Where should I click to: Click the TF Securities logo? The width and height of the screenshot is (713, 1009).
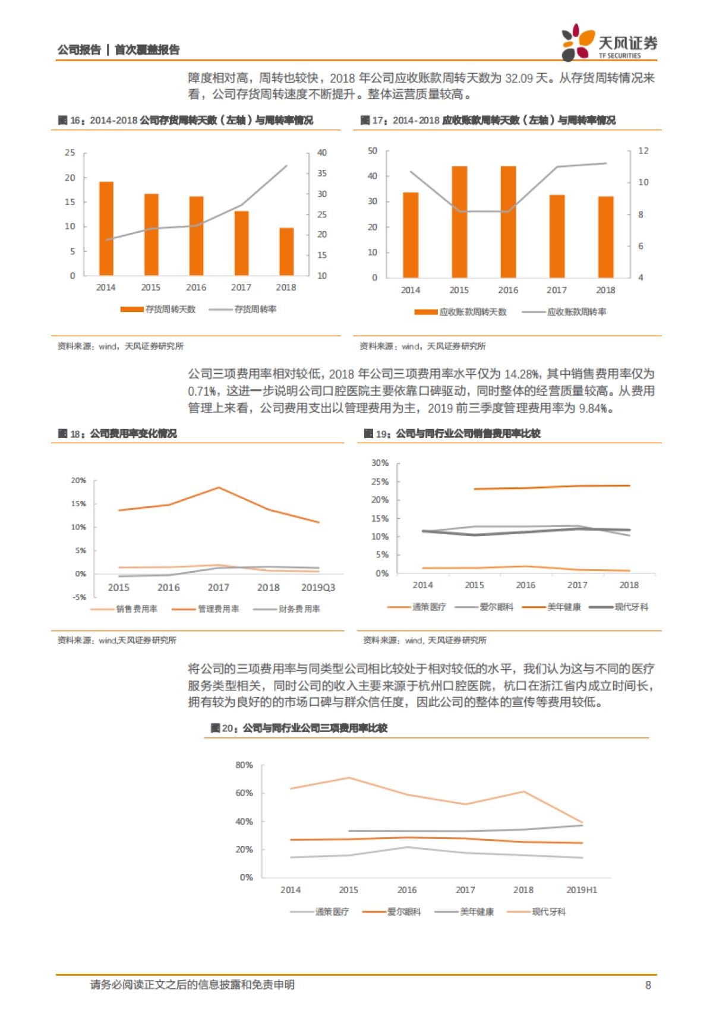609,43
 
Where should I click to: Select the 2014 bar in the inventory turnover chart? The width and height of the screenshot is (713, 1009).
106,229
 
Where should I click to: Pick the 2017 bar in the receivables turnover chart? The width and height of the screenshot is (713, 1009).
557,236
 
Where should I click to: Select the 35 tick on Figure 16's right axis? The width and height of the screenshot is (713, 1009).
321,174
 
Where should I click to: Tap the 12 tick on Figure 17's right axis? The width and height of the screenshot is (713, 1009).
643,151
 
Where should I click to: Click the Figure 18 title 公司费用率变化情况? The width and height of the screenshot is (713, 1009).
133,434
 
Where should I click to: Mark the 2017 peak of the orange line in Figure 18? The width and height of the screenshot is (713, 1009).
219,488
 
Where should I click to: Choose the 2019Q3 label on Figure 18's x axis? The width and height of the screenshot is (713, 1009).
318,587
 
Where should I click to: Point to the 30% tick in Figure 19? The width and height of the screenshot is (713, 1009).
380,463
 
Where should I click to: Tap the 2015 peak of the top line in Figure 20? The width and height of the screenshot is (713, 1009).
348,777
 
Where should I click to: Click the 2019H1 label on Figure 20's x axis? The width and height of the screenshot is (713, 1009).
581,890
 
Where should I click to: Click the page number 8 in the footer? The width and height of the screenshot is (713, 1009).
648,985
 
